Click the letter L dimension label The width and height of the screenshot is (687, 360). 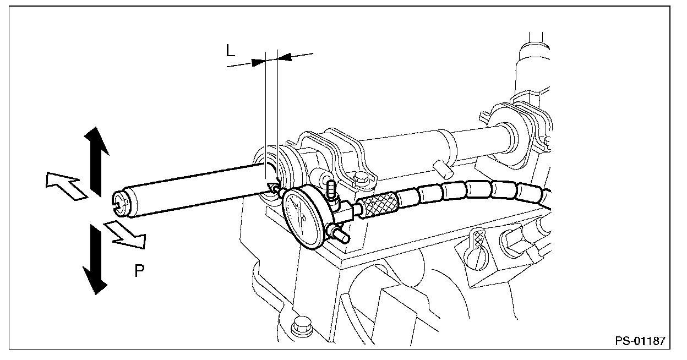click(231, 51)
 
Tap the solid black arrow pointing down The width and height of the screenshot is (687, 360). click(94, 259)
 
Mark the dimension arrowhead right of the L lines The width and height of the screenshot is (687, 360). click(285, 56)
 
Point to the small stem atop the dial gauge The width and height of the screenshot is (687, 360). click(331, 190)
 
